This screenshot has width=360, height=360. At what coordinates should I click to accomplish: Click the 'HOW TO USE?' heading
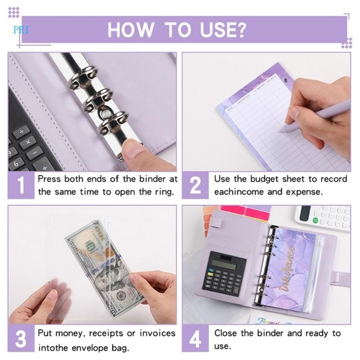coord(177,30)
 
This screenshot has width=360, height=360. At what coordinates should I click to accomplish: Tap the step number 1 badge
coord(21,185)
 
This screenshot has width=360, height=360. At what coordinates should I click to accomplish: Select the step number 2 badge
coord(195,185)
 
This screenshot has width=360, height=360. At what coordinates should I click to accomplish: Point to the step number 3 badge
coord(21,340)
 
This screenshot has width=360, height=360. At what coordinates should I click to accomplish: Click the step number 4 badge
coord(195,340)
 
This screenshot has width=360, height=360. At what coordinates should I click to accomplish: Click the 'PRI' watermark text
coord(21,30)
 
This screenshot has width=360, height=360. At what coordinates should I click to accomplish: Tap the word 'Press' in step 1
coord(49,179)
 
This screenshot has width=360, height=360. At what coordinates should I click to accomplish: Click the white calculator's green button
coord(315,220)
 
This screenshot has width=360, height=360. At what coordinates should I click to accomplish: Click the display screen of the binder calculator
coord(224,261)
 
